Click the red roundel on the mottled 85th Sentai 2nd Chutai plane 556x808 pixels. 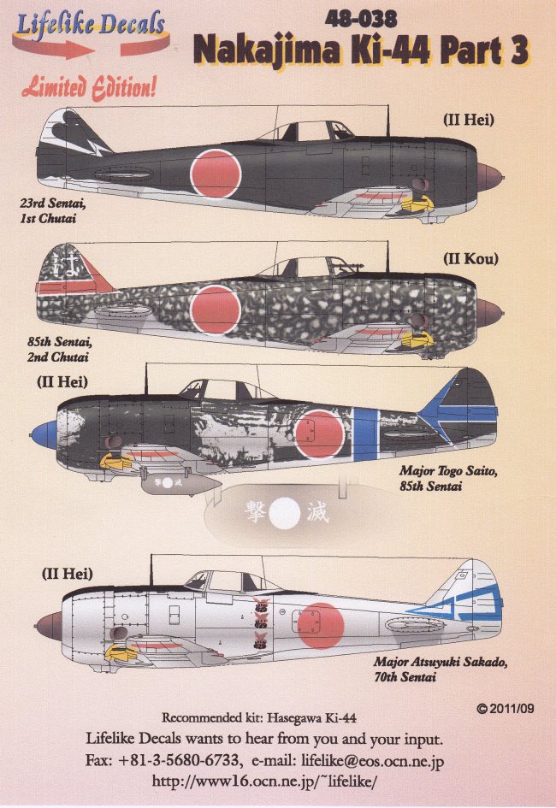(x=215, y=308)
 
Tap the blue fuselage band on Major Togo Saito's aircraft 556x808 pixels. (x=366, y=433)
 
